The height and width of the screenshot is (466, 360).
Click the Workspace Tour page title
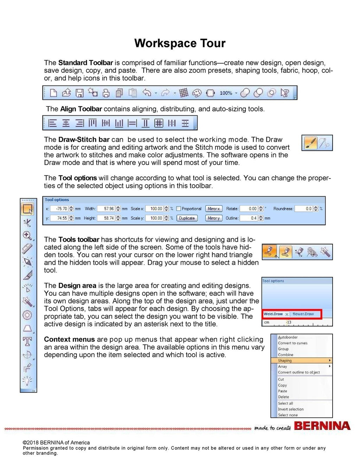tap(180, 43)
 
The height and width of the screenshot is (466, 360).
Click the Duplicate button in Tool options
tap(186, 218)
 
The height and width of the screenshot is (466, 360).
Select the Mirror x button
tap(213, 209)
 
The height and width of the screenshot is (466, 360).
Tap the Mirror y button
tap(213, 218)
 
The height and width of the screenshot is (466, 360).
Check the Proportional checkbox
tap(179, 209)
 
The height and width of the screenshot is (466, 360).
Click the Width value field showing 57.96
tap(106, 209)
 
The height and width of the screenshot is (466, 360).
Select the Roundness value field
tap(304, 209)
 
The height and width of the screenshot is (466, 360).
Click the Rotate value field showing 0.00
tap(249, 209)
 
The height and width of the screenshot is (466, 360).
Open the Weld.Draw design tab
tap(273, 314)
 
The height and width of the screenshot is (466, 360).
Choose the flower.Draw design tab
tap(303, 314)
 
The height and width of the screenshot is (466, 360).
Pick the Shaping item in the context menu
tap(285, 361)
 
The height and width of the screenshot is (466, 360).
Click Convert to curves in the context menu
tap(292, 343)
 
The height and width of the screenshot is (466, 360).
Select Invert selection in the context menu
tap(290, 409)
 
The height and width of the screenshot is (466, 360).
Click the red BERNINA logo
tap(322, 426)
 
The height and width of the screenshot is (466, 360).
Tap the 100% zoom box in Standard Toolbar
tap(226, 93)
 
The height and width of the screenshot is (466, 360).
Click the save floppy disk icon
tap(80, 93)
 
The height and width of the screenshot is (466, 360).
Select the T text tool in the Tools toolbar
tap(27, 341)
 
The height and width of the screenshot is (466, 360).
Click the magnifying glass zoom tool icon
tap(27, 235)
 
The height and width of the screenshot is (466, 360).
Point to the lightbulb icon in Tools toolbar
tap(27, 381)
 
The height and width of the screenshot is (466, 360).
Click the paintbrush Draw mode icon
tap(310, 143)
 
